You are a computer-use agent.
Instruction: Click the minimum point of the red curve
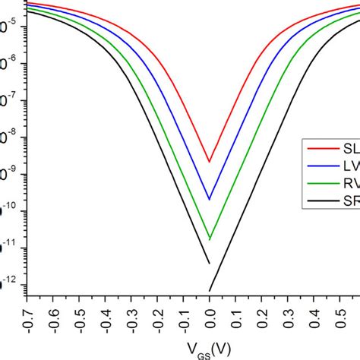(x=210, y=162)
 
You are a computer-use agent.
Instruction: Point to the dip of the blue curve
(x=210, y=200)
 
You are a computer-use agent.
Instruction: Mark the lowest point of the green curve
(x=210, y=239)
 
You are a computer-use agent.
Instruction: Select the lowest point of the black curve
(x=210, y=291)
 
